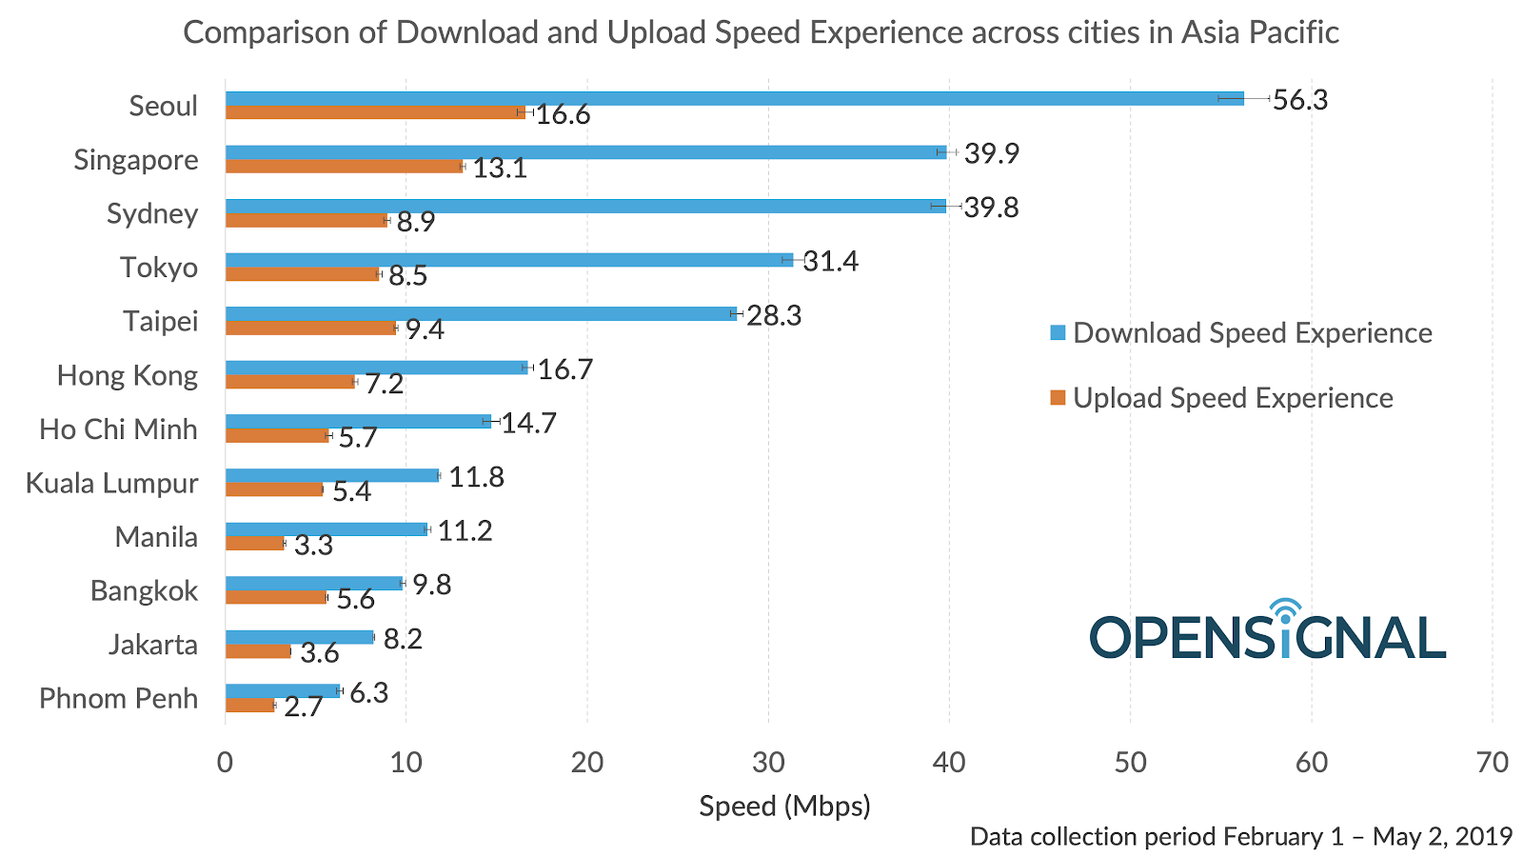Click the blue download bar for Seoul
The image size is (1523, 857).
click(733, 98)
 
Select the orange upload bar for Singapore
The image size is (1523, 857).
click(344, 167)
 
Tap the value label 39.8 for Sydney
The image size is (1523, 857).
click(991, 208)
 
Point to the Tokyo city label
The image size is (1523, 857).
click(159, 268)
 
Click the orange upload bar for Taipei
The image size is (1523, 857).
click(310, 329)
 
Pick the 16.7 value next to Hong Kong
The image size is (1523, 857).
click(565, 369)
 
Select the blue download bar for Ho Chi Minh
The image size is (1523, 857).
click(358, 421)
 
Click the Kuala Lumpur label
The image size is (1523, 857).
click(111, 484)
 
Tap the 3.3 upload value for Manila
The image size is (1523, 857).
click(313, 546)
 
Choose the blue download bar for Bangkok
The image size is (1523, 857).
click(314, 583)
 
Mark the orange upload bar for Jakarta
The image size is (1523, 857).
click(258, 651)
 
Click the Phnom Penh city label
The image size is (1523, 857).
click(118, 699)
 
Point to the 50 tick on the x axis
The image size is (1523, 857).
click(1130, 763)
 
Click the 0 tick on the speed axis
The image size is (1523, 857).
click(226, 763)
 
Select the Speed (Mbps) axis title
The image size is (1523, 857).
click(784, 807)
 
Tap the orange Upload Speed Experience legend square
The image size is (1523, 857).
click(1058, 398)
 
